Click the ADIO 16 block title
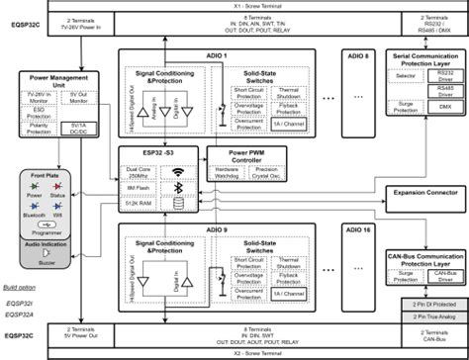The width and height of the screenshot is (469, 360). click(x=348, y=227)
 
